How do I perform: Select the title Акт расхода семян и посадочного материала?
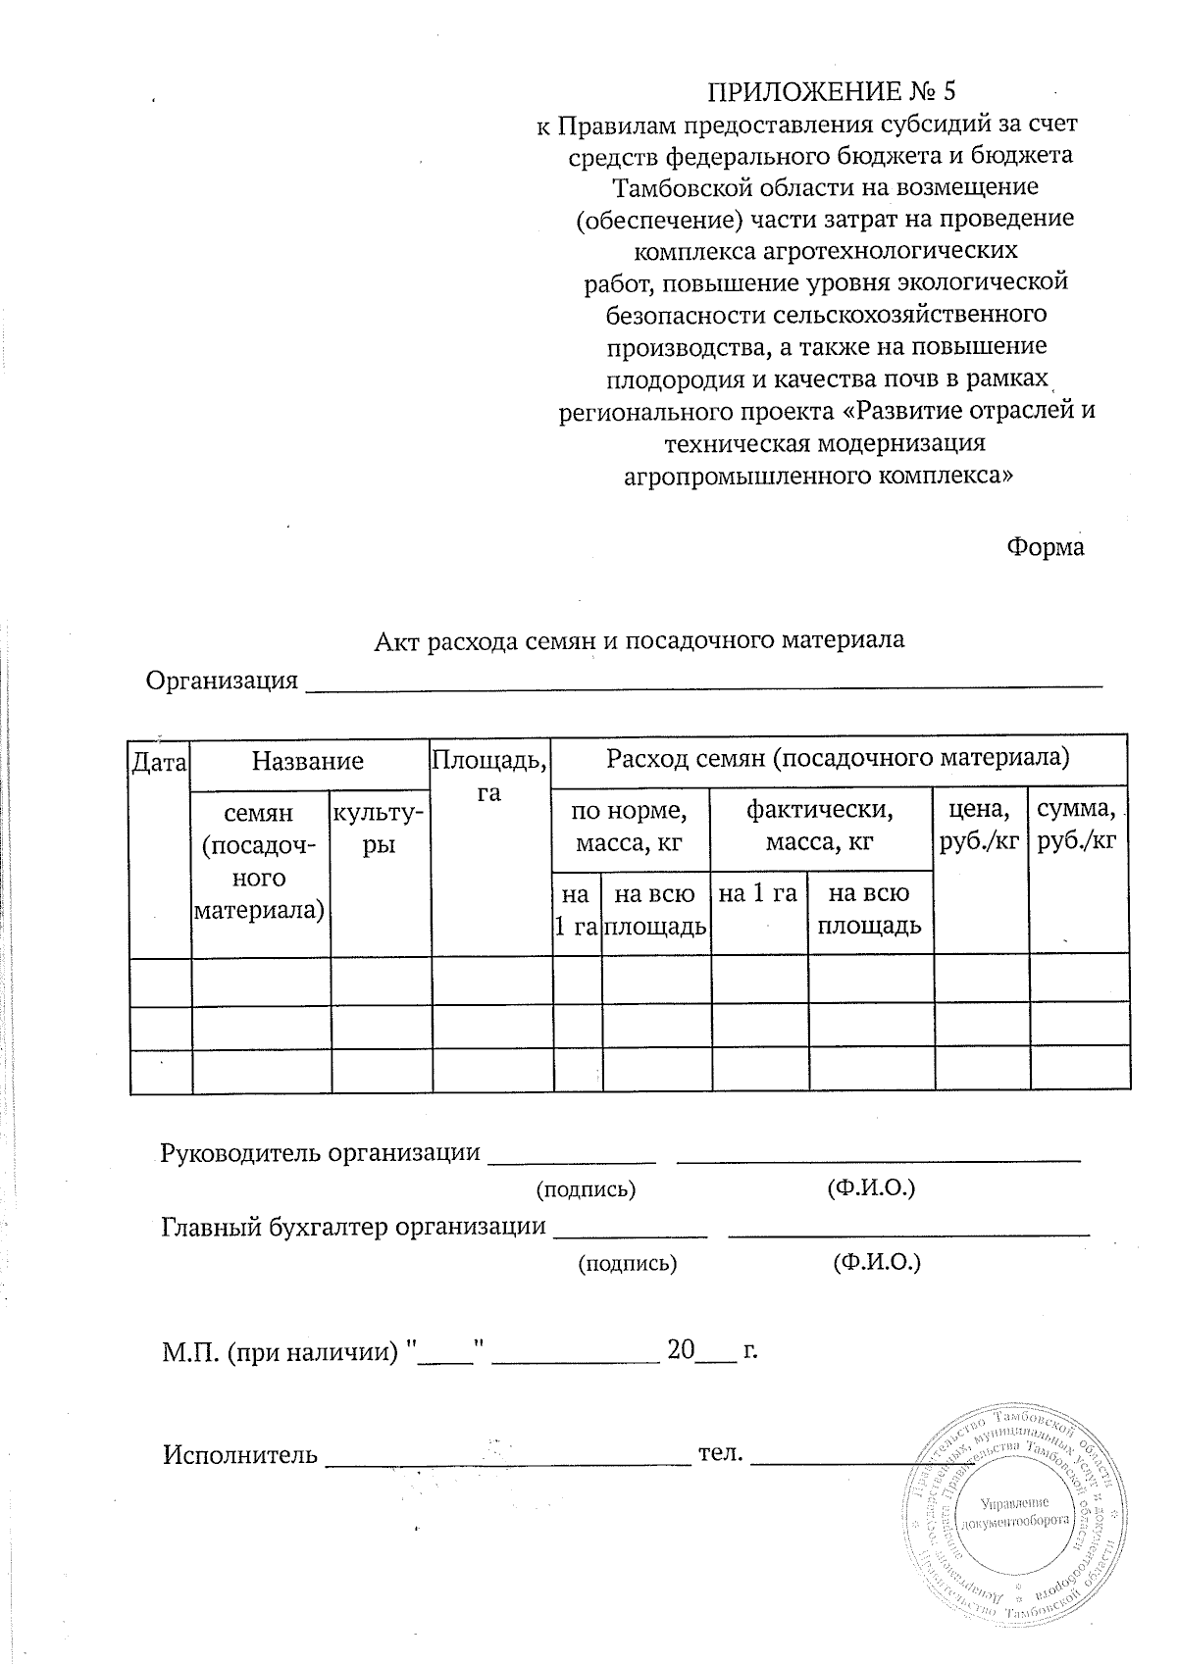point(640,640)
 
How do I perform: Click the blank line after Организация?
point(704,681)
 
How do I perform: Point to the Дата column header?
point(160,761)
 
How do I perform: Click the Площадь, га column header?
point(490,775)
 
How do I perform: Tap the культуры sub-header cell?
point(380,828)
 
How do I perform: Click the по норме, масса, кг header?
point(630,826)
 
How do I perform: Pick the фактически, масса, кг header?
point(820,826)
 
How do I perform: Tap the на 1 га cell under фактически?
point(757,894)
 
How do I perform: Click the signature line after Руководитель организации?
point(572,1157)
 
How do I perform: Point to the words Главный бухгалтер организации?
point(352,1227)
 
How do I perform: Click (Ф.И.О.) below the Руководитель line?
point(871,1188)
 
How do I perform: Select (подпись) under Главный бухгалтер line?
point(628,1263)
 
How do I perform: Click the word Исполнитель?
point(239,1454)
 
